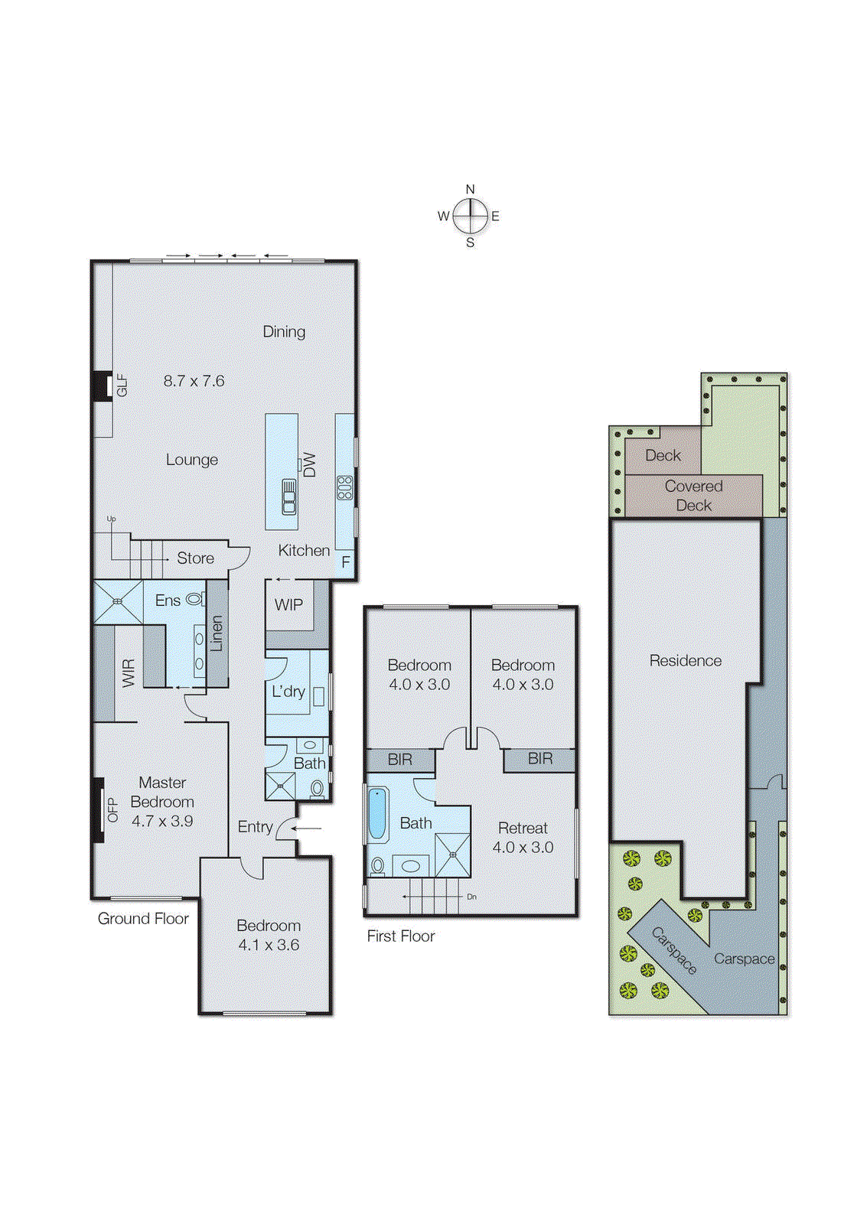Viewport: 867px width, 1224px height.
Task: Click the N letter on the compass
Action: (x=470, y=189)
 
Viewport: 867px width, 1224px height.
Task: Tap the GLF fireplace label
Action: (x=122, y=385)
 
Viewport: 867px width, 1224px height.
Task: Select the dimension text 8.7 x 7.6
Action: (x=194, y=381)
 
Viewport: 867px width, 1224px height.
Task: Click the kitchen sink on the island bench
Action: (x=288, y=496)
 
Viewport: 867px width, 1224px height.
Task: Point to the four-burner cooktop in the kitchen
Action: (x=345, y=487)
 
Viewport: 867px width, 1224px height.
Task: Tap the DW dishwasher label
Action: (x=309, y=464)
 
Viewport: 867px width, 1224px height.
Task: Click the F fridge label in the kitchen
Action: (x=346, y=562)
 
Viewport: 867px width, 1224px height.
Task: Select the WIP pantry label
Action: (x=288, y=604)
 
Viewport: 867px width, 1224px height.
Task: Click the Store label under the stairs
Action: (x=195, y=558)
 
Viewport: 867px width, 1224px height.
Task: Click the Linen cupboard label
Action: (x=217, y=633)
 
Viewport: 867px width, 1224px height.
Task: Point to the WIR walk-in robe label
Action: (x=129, y=672)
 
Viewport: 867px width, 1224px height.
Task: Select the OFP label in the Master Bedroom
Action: (x=112, y=810)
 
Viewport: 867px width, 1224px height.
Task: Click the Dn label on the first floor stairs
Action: (x=471, y=897)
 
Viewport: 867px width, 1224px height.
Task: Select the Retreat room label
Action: (x=523, y=828)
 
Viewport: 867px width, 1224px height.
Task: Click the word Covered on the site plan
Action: (x=693, y=486)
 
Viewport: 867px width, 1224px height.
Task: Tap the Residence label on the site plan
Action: (x=685, y=660)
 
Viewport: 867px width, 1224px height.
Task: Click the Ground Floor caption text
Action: (x=143, y=919)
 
